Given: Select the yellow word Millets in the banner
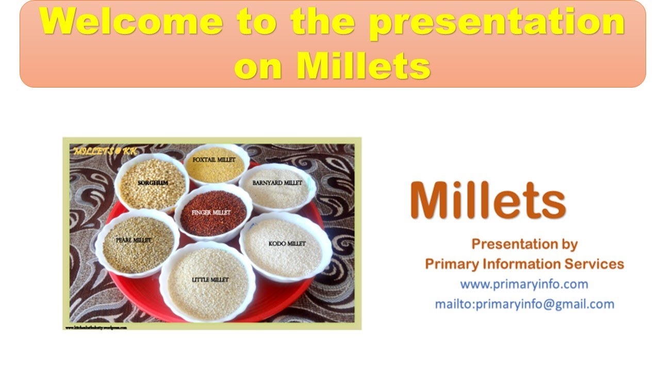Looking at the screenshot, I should pos(363,65).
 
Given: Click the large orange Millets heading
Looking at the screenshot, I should pos(488,200).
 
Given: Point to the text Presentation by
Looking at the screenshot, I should pos(524,244).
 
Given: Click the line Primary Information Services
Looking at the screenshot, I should pos(524,264).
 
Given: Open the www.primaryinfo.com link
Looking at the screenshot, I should pos(524,284).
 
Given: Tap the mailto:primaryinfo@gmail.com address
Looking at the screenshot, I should pos(524,304).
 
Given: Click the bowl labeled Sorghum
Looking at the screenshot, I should pos(152,183).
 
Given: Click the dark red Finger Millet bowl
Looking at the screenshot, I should pos(213,213).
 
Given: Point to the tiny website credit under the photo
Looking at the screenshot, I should pos(96,327).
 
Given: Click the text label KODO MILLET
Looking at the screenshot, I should pos(287,243).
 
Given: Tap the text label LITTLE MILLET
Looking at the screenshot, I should pos(210,280).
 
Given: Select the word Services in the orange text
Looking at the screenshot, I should pos(594,264).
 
